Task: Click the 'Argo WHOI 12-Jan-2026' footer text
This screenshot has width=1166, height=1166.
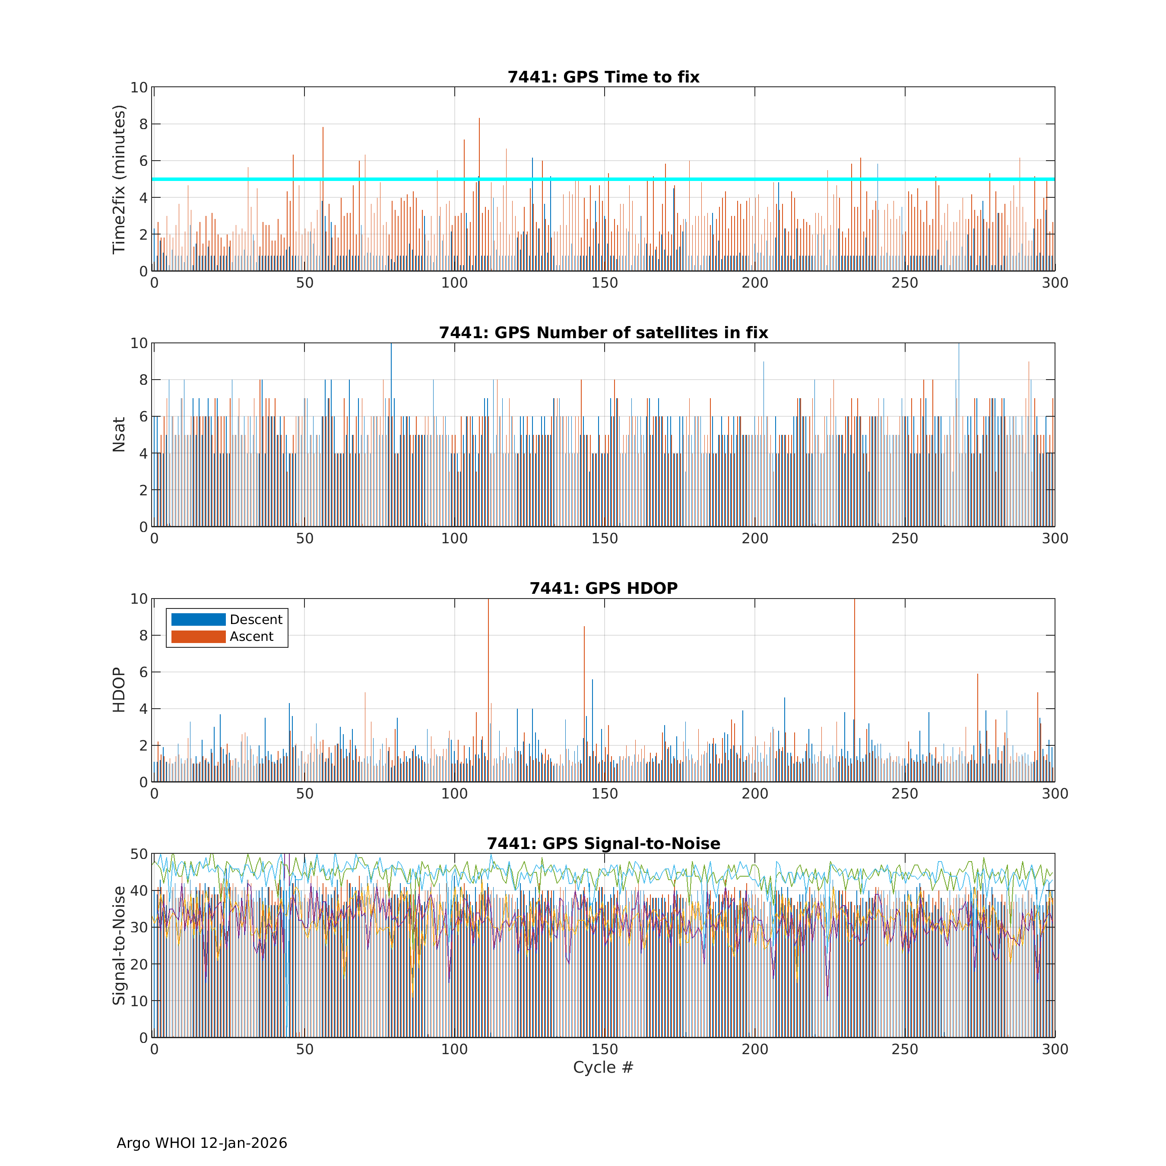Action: pos(202,1143)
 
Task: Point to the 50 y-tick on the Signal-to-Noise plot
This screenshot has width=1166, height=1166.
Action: pos(139,854)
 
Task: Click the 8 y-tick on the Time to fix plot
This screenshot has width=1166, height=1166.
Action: pos(143,124)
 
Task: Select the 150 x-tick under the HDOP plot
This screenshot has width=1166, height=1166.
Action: pos(604,794)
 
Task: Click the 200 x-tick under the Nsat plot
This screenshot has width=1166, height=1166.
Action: pos(754,539)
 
